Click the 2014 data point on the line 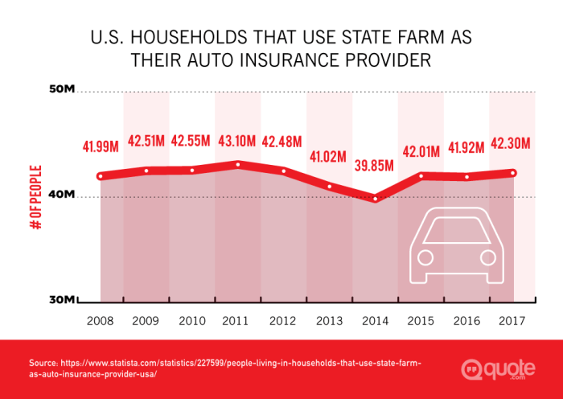(376, 198)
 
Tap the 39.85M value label (375, 166)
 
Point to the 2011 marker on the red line (238, 164)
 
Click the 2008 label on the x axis (101, 320)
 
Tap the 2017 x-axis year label (512, 320)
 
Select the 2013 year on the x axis (329, 320)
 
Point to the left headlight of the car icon (425, 257)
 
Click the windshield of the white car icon (456, 231)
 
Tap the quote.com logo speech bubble (472, 369)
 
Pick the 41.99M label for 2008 (101, 146)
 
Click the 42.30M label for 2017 (512, 143)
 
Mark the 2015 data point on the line (421, 175)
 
